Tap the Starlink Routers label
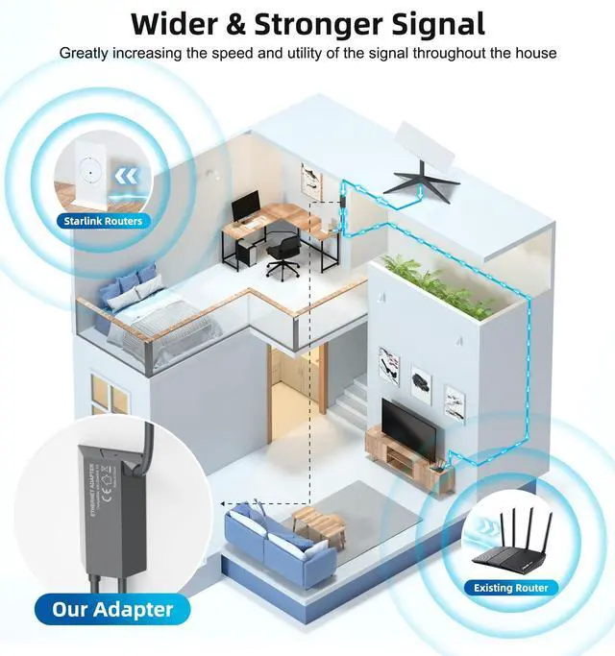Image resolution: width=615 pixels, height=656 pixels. tap(98, 221)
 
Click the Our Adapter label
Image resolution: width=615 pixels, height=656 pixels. tap(112, 609)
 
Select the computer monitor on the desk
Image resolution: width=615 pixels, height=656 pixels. tap(247, 206)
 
